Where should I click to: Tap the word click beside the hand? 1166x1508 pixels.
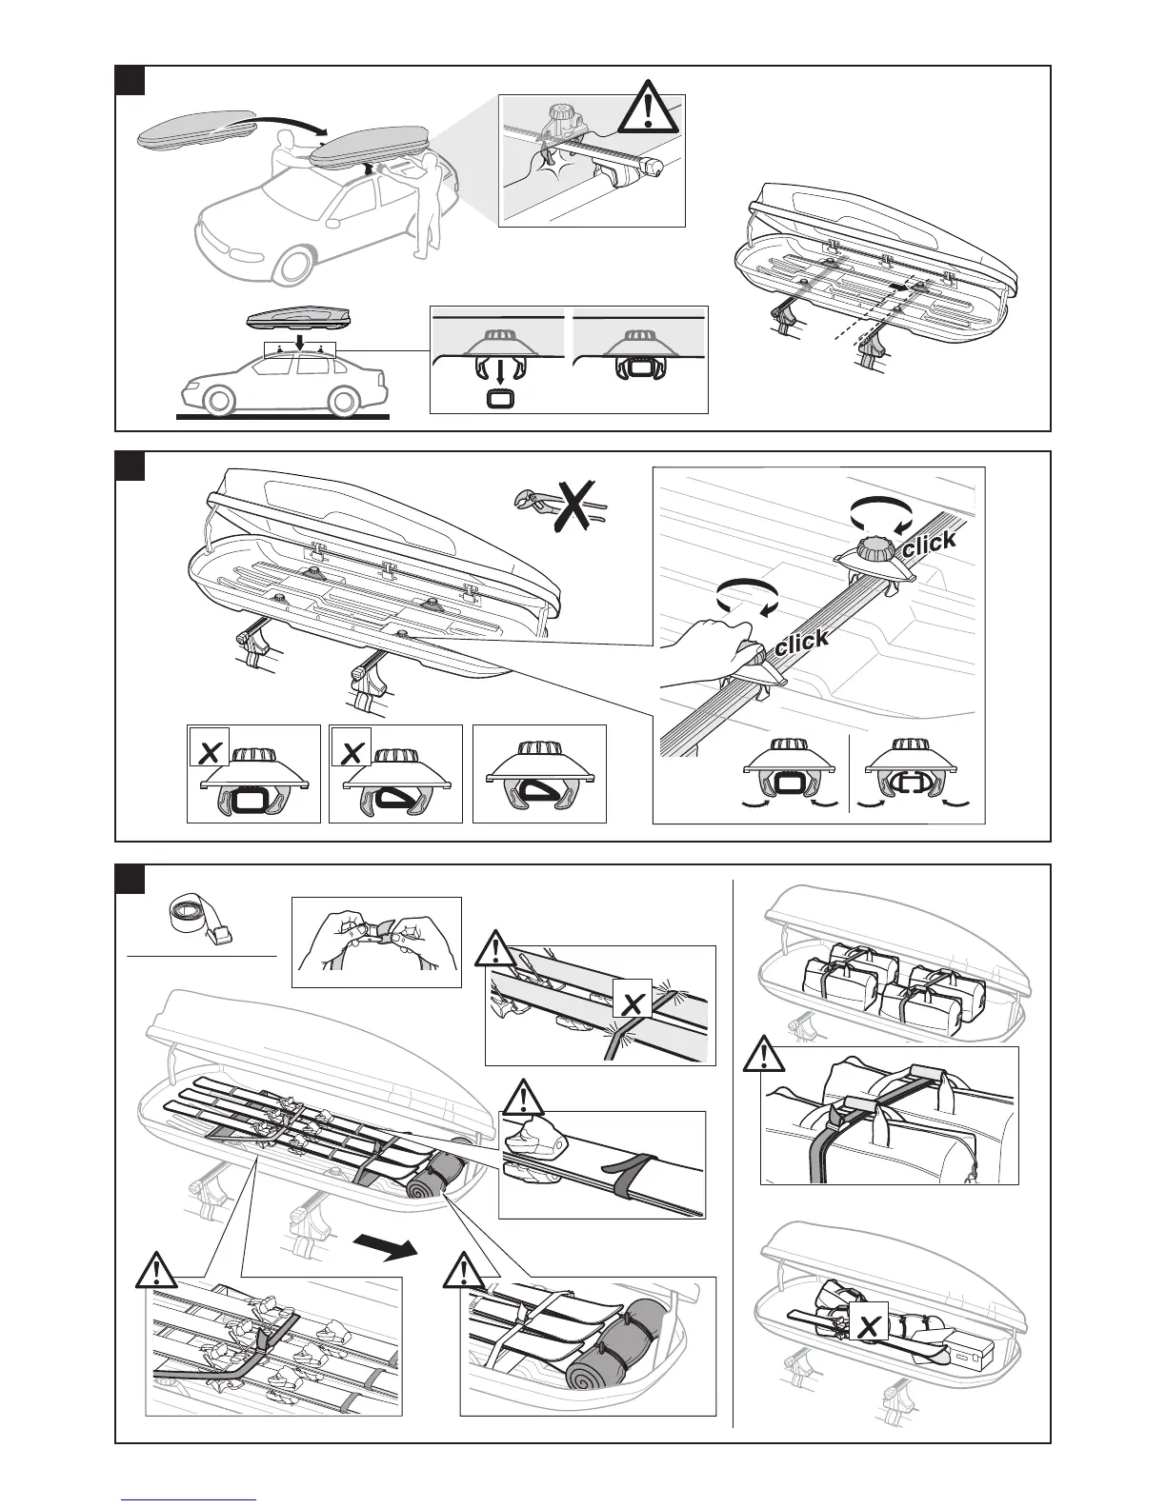(801, 642)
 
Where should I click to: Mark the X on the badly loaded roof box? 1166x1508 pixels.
(868, 1326)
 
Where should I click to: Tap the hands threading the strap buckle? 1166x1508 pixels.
(375, 938)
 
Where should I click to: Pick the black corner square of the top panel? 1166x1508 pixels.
(130, 80)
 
